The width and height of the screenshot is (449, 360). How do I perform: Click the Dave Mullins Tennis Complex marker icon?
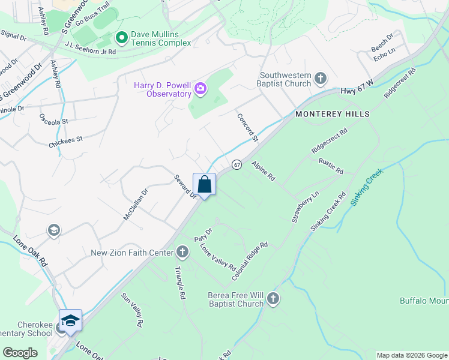pyautogui.click(x=121, y=38)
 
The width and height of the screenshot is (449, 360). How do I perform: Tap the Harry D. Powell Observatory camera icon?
pyautogui.click(x=200, y=90)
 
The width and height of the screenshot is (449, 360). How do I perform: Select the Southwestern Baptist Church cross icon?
pyautogui.click(x=321, y=78)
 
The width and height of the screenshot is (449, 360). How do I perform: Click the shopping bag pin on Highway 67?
pyautogui.click(x=204, y=185)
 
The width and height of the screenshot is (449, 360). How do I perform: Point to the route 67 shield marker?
pyautogui.click(x=237, y=164)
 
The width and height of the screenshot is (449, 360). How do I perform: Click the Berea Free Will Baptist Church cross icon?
pyautogui.click(x=273, y=298)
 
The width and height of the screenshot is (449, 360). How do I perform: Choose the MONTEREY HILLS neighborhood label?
pyautogui.click(x=332, y=113)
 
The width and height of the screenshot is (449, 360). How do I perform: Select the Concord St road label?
pyautogui.click(x=247, y=128)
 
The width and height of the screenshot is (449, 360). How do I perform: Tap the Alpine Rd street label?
pyautogui.click(x=263, y=171)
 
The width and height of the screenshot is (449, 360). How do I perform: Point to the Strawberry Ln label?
pyautogui.click(x=306, y=208)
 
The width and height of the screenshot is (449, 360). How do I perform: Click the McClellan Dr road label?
pyautogui.click(x=136, y=205)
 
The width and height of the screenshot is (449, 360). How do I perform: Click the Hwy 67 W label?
pyautogui.click(x=358, y=90)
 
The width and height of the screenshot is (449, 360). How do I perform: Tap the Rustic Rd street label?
pyautogui.click(x=331, y=167)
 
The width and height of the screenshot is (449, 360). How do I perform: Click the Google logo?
pyautogui.click(x=20, y=353)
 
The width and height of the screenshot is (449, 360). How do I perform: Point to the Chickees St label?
pyautogui.click(x=66, y=142)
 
